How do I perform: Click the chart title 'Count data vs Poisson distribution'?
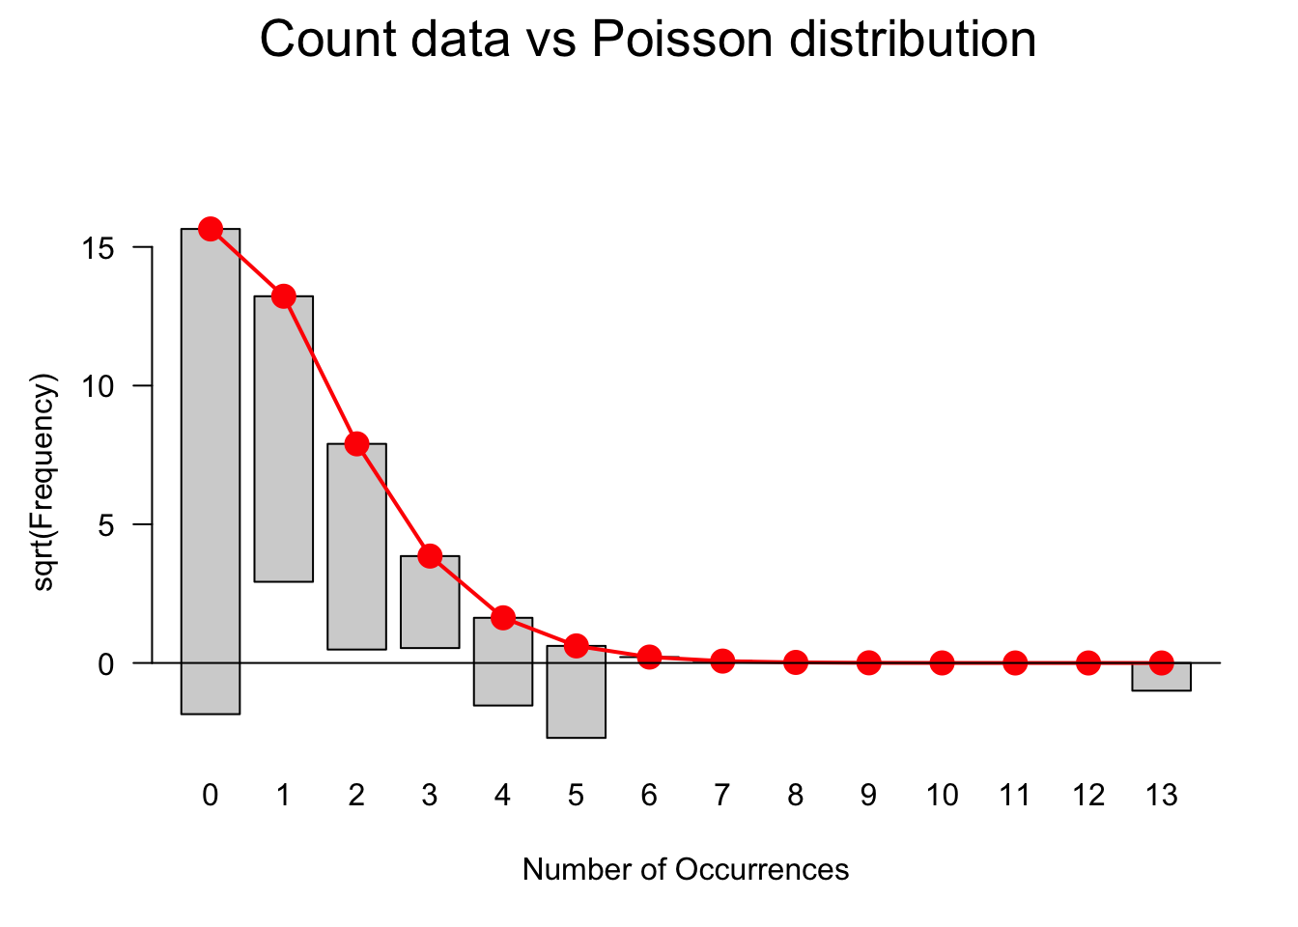click(648, 41)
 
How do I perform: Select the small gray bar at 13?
click(1162, 677)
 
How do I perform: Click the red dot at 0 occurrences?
click(211, 229)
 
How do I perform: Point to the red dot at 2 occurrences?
click(356, 443)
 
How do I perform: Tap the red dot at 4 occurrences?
click(503, 618)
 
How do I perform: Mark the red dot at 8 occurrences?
click(796, 662)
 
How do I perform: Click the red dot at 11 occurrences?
click(1015, 662)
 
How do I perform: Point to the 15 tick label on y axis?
click(99, 248)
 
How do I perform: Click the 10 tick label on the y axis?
click(99, 386)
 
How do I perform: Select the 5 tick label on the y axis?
click(106, 525)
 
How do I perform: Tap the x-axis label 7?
click(722, 796)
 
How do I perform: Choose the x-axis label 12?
click(1088, 796)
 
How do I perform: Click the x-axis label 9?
click(869, 796)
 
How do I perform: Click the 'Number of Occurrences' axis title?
click(686, 870)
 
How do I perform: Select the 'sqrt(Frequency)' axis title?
click(45, 482)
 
